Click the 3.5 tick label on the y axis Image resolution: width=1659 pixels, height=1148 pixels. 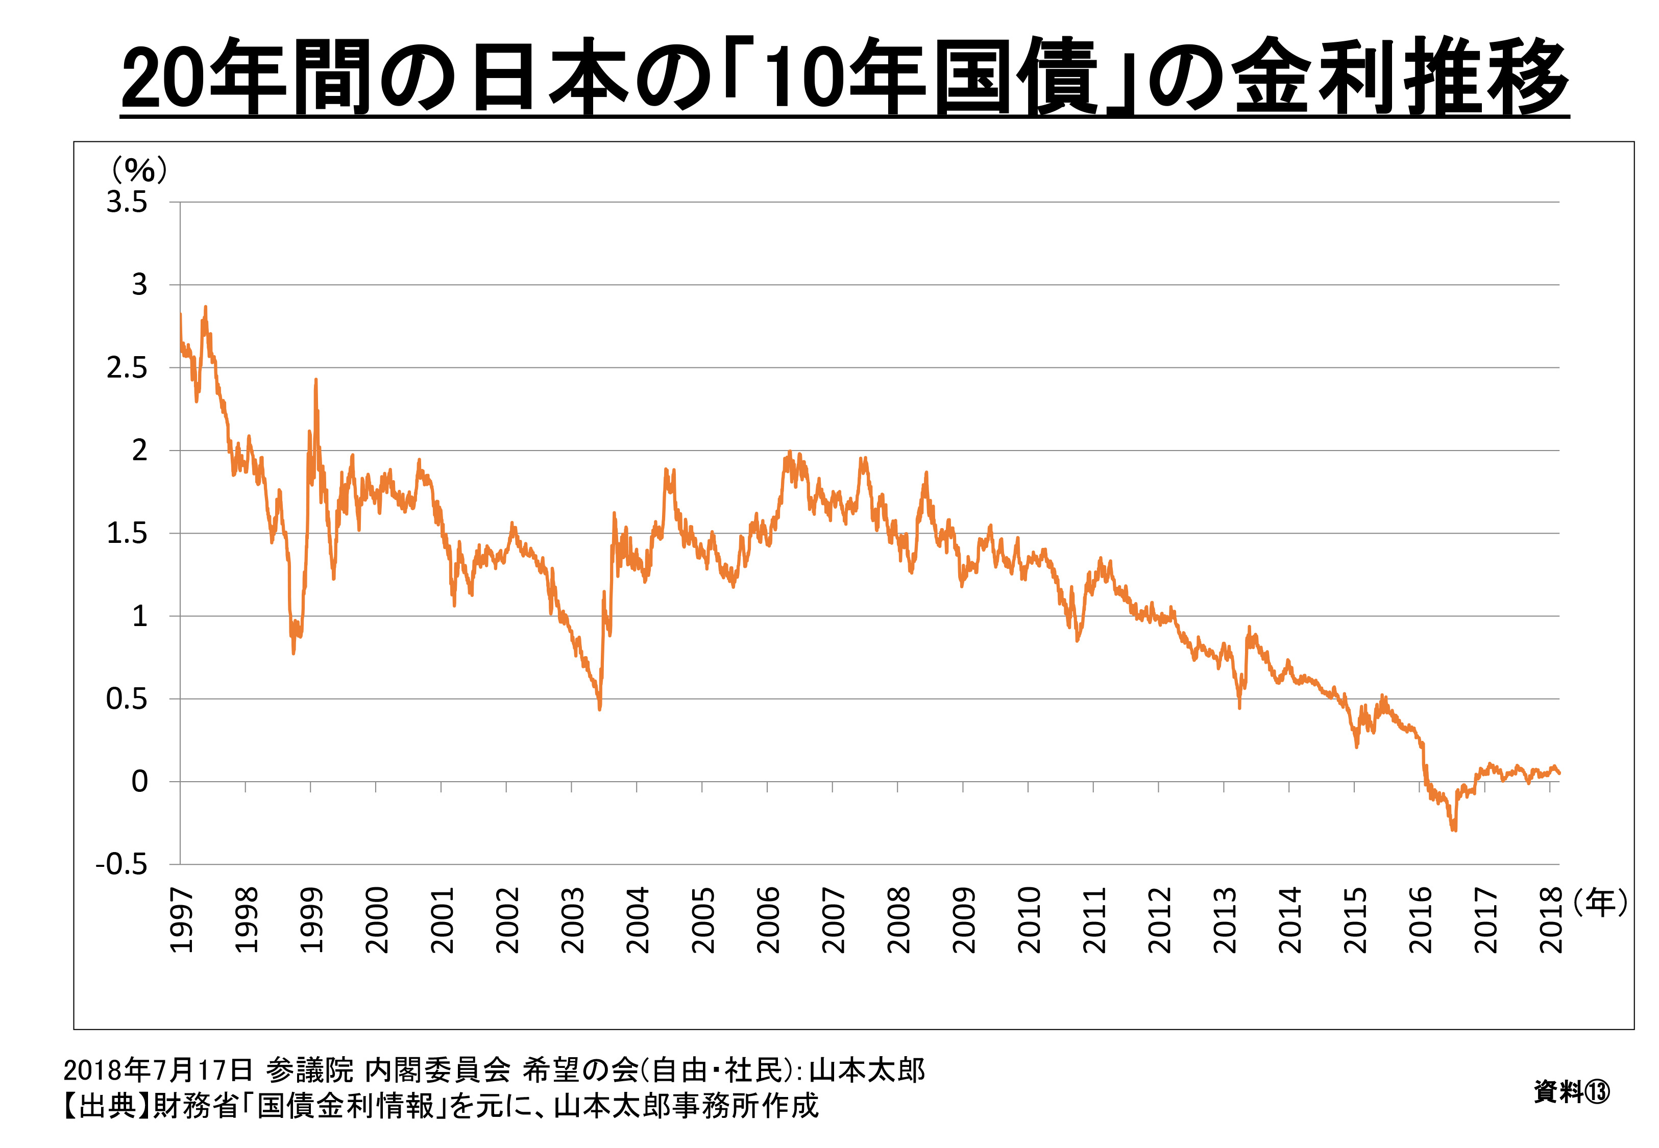tap(127, 202)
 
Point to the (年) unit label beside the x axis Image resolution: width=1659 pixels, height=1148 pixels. tap(1600, 902)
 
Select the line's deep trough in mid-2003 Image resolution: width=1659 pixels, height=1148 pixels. tap(599, 709)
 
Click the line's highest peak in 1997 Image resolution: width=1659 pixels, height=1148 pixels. tap(206, 307)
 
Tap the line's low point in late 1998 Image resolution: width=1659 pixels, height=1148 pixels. tap(293, 653)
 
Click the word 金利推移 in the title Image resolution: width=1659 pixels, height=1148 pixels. tap(1399, 76)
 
